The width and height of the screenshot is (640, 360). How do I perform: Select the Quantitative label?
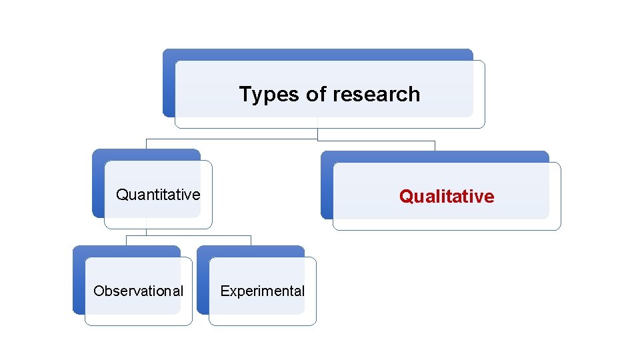[158, 195]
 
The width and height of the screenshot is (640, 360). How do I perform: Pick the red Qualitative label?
[447, 196]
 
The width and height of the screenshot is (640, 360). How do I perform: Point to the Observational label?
[138, 291]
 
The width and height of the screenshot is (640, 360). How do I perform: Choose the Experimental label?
[262, 291]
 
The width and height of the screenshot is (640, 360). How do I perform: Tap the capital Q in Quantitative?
[122, 195]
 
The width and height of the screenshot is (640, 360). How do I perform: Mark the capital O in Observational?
[98, 291]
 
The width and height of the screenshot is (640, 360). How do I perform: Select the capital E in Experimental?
[224, 291]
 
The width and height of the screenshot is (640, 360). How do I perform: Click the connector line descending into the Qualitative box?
[435, 145]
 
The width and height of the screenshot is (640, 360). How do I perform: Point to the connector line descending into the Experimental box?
[251, 240]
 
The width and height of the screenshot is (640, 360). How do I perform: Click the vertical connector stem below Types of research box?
[317, 134]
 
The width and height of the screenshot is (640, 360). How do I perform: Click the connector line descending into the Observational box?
[127, 240]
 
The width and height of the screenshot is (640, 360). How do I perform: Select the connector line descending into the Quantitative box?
[146, 144]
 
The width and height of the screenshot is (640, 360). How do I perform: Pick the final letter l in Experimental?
[303, 291]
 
